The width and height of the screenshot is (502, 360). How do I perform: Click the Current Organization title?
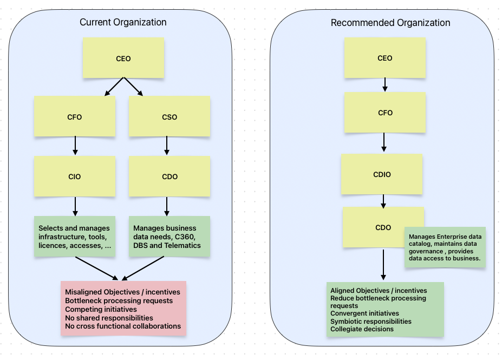(x=123, y=22)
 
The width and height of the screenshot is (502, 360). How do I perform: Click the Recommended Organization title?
(x=390, y=23)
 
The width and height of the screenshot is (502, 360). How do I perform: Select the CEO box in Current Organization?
(x=123, y=58)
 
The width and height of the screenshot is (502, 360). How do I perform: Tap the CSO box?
(x=169, y=116)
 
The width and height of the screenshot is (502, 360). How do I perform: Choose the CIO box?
(x=75, y=176)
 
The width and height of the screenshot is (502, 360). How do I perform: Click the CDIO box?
(x=381, y=174)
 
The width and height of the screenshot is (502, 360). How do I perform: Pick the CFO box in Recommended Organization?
(x=384, y=113)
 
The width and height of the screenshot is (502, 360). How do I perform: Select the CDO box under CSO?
(x=169, y=176)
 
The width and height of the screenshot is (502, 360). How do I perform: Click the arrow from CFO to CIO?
(x=75, y=146)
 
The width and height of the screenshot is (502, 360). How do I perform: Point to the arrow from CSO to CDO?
(x=166, y=146)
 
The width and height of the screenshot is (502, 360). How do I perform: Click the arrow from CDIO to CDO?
(x=383, y=201)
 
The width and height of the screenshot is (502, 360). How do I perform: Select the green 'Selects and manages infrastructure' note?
(x=75, y=237)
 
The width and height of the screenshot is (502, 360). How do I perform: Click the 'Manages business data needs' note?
(x=169, y=237)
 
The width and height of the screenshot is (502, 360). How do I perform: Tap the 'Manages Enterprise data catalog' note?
(x=445, y=247)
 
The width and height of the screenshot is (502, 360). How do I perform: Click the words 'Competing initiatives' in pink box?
(x=101, y=309)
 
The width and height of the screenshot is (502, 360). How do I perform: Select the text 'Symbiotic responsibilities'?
(x=371, y=321)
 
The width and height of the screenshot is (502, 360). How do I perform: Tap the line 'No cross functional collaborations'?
(x=123, y=326)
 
